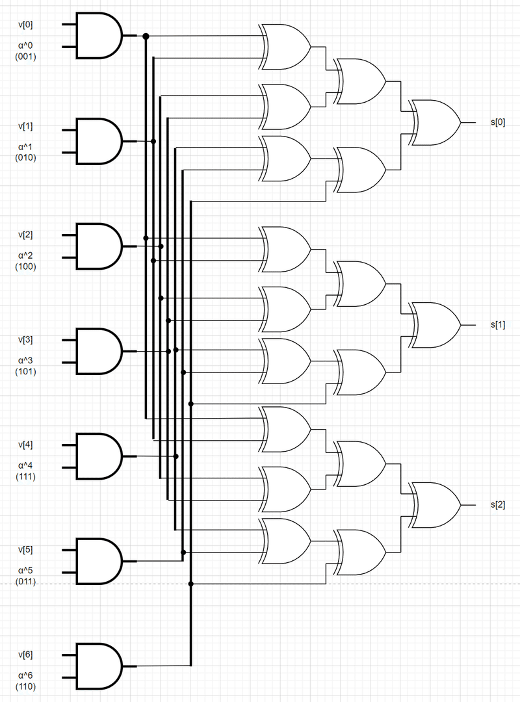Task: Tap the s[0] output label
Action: pos(498,122)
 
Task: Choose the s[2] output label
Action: pos(498,505)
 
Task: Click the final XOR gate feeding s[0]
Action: pos(434,122)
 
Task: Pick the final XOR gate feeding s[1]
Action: pos(434,324)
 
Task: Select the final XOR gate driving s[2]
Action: pos(434,505)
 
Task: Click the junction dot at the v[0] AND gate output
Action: pos(146,36)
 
